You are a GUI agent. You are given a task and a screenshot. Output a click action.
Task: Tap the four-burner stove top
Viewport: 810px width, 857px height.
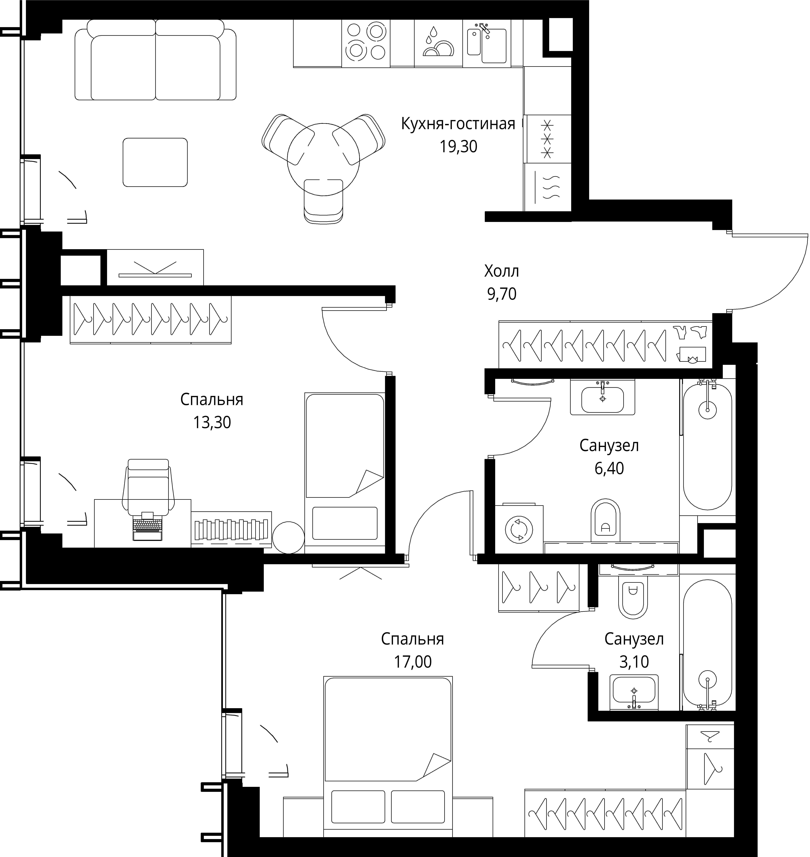tap(366, 43)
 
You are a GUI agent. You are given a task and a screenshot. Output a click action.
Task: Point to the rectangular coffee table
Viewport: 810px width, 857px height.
tap(155, 162)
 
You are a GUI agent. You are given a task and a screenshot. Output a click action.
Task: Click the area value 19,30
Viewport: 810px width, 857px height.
tap(458, 147)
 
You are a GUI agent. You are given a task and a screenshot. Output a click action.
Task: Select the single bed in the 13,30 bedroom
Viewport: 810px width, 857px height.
tap(345, 472)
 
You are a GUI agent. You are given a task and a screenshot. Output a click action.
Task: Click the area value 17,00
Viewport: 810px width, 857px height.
tap(412, 662)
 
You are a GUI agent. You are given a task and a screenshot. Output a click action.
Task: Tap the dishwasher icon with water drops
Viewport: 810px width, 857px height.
tap(438, 43)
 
